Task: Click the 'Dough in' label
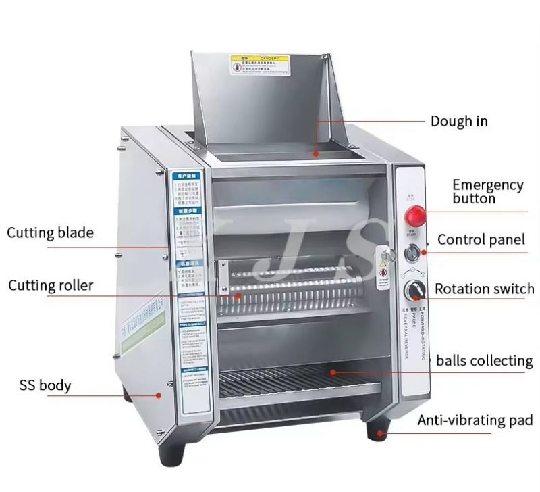point(459,122)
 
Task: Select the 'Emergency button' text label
point(487,191)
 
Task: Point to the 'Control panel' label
point(481,239)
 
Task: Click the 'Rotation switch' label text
point(484,289)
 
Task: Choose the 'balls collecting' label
point(484,360)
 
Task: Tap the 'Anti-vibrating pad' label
point(475,420)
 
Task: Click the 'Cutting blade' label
point(51,233)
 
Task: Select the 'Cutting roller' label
point(51,285)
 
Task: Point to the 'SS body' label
point(45,386)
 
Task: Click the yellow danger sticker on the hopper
point(260,66)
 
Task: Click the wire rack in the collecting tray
point(297,385)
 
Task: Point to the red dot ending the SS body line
point(159,395)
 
